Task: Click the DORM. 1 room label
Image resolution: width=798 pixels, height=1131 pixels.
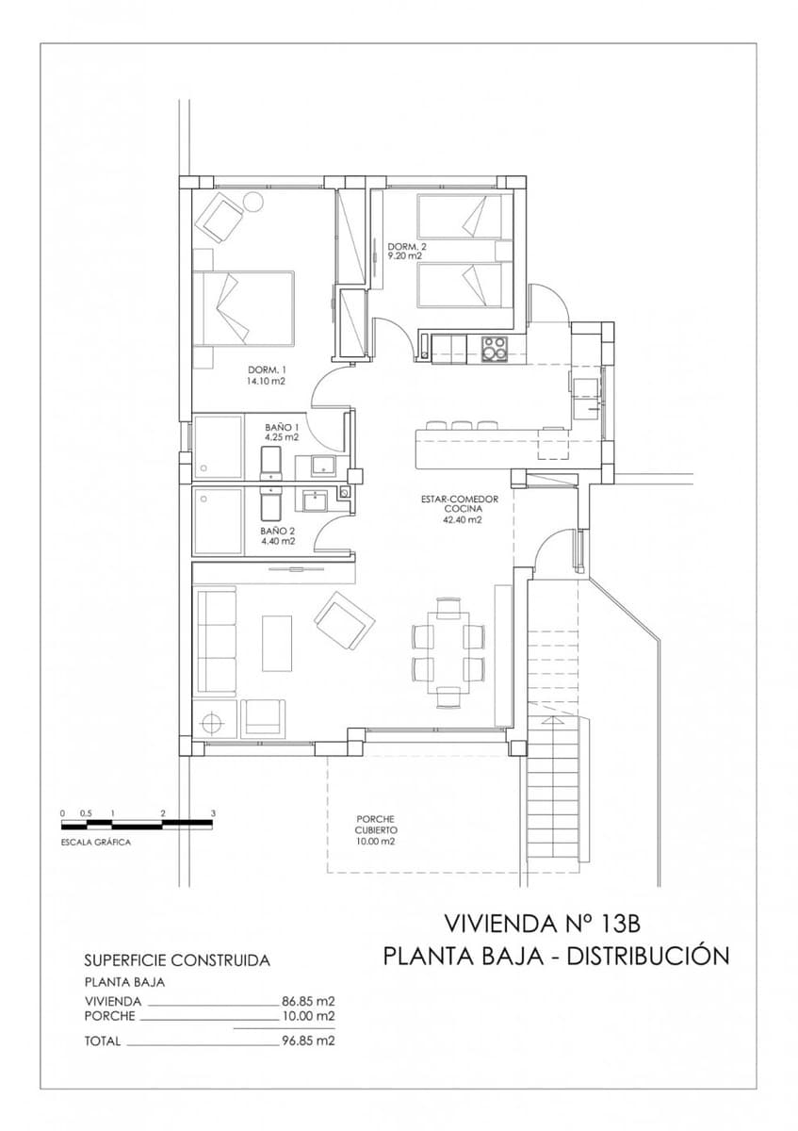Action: click(x=266, y=369)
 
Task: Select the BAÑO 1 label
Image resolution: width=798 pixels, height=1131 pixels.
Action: click(x=282, y=427)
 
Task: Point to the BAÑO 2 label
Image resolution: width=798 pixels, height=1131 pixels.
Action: click(x=278, y=531)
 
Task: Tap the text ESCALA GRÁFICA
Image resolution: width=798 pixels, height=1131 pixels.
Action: click(x=95, y=842)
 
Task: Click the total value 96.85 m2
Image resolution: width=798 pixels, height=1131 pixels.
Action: click(x=309, y=1041)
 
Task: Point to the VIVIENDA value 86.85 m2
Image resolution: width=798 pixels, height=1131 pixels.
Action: click(x=309, y=1001)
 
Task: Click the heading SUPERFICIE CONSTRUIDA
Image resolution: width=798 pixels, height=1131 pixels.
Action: click(x=177, y=960)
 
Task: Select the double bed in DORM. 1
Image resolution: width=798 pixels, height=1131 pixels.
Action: click(x=244, y=308)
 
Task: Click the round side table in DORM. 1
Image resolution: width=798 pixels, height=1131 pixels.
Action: click(x=253, y=201)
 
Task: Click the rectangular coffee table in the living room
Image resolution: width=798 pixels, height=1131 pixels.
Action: click(x=277, y=643)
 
